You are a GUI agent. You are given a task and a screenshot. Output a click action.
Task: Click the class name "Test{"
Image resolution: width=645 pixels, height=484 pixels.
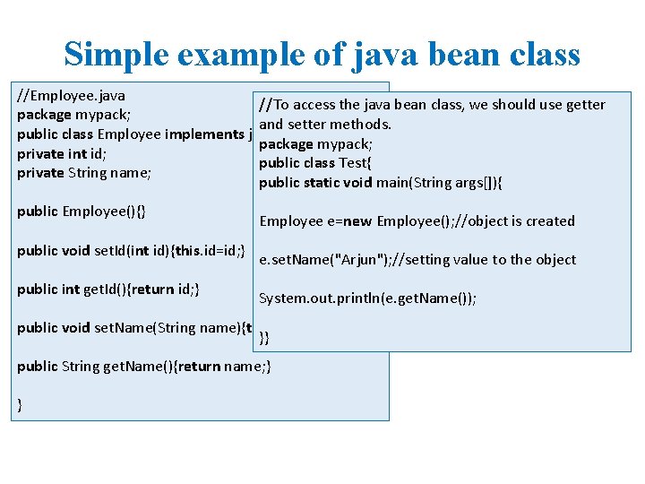[x=356, y=163]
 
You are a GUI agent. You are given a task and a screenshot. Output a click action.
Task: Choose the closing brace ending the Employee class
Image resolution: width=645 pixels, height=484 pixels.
[x=20, y=405]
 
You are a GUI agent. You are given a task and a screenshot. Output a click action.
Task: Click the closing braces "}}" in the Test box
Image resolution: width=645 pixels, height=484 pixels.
[x=264, y=338]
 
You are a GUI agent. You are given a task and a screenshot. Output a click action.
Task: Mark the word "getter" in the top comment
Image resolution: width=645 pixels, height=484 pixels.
[x=586, y=105]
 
